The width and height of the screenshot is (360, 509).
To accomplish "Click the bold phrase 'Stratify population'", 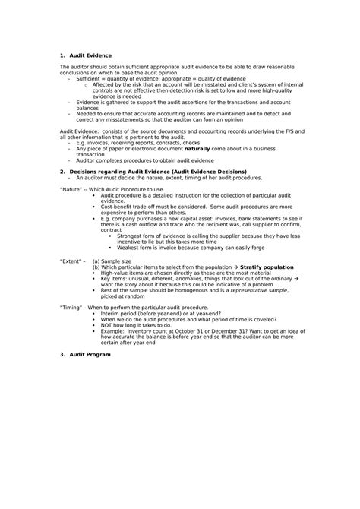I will [x=268, y=267].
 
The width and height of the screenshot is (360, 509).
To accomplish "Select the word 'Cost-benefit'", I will [x=117, y=206].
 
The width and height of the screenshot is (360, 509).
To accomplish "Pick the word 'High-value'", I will [x=114, y=273].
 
